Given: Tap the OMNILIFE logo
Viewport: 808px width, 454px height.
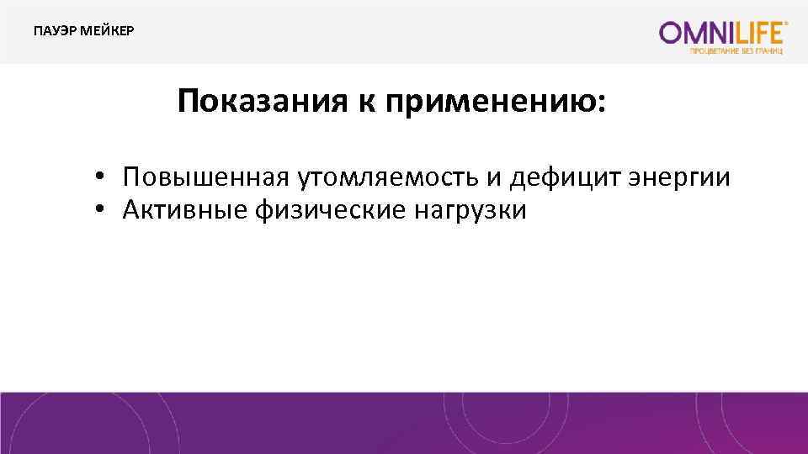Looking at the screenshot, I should pyautogui.click(x=724, y=33).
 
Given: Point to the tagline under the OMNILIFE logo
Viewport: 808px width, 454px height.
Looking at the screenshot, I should pyautogui.click(x=738, y=50).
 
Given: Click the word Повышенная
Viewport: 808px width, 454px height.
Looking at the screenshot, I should pyautogui.click(x=206, y=177).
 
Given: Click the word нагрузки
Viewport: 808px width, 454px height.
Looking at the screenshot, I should pyautogui.click(x=470, y=210).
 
